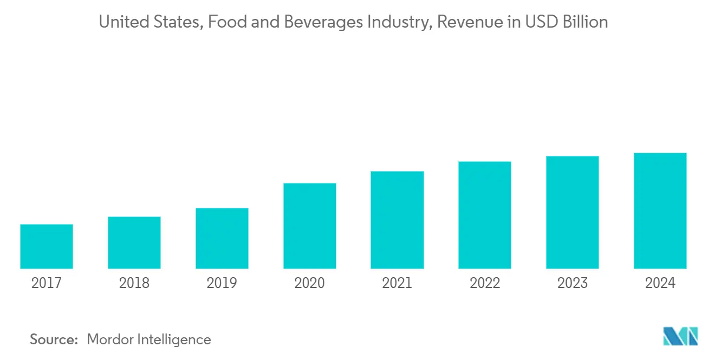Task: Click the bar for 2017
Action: coord(47,246)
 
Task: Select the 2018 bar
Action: coord(134,243)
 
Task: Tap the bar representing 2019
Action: coord(222,238)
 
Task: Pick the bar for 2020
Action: coord(310,226)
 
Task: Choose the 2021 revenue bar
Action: coord(397,220)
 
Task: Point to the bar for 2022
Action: coord(485,215)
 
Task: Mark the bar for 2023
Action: coord(573,212)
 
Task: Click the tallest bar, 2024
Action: coord(660,211)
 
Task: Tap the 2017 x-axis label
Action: coord(47,283)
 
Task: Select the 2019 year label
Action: coord(222,283)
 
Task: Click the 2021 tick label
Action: coord(397,283)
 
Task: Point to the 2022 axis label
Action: coord(485,283)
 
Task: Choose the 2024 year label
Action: coord(660,283)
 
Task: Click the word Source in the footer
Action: coord(54,340)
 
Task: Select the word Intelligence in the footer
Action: coord(174,340)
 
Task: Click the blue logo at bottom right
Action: coord(681,336)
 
